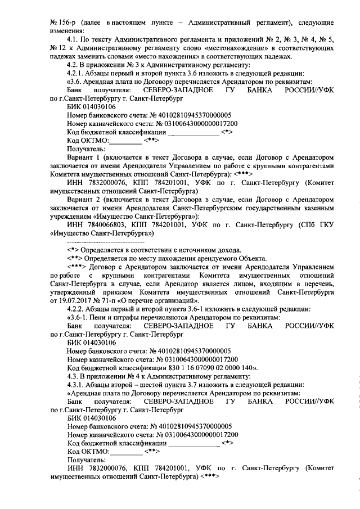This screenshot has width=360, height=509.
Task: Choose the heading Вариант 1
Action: coord(83,158)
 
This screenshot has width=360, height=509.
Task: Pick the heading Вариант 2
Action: coord(83,198)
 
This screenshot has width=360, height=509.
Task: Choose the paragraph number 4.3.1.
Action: coord(76,383)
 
